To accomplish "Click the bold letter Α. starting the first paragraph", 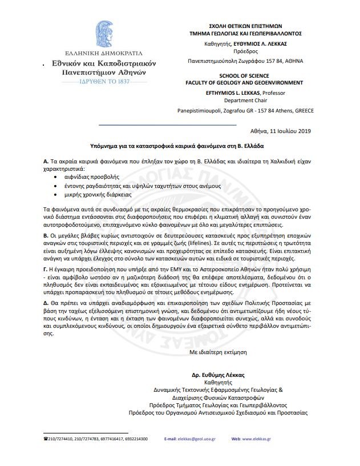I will (46, 162).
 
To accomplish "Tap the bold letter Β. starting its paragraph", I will (46, 235).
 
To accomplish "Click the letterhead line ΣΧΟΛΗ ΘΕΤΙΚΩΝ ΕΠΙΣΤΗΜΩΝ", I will (238, 26).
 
